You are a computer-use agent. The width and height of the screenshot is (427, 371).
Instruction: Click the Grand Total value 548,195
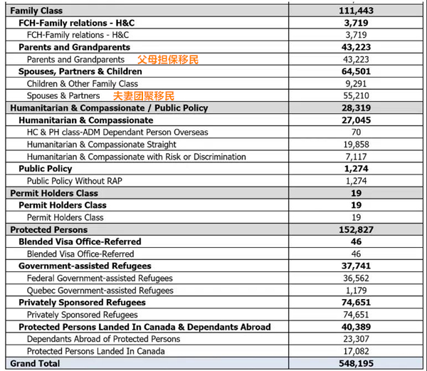coord(357,363)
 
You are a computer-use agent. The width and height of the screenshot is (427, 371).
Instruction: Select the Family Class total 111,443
coord(357,11)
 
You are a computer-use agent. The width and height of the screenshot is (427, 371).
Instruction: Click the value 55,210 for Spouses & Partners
coord(357,96)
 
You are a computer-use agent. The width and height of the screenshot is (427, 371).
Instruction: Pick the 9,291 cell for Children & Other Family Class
coord(357,84)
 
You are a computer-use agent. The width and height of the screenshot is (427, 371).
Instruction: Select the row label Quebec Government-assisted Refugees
coord(100,291)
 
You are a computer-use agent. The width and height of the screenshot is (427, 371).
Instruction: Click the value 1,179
coord(357,291)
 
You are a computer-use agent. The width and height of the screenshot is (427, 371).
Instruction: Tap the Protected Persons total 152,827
coord(357,230)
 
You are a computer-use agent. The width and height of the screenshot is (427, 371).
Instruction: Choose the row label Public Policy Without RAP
coord(75,181)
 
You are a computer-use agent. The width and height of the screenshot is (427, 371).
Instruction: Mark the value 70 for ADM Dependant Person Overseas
coord(357,132)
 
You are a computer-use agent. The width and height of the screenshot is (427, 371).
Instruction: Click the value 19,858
coord(357,145)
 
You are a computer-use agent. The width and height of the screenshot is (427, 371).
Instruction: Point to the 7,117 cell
coord(357,157)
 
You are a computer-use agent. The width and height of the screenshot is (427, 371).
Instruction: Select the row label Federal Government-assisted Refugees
coord(100,278)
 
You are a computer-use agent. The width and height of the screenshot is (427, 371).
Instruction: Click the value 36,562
coord(357,278)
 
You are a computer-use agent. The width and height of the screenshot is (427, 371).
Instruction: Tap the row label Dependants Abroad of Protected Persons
coord(103,339)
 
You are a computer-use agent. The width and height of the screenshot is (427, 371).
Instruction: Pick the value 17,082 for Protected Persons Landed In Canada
coord(357,351)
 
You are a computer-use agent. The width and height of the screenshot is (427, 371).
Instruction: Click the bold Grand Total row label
coord(36,363)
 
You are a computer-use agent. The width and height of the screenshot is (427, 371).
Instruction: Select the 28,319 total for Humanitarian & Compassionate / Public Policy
coord(357,108)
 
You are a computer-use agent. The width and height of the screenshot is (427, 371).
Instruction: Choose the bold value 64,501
coord(357,72)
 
